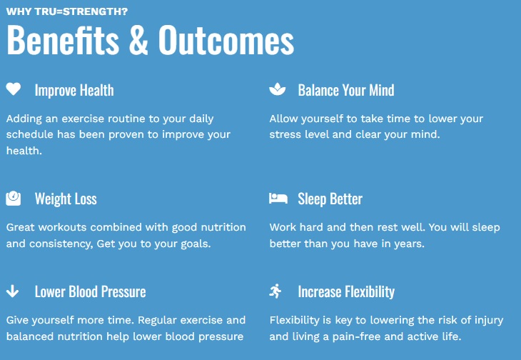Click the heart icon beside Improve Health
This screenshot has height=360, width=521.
pyautogui.click(x=14, y=89)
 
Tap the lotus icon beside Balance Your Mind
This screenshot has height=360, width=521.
pyautogui.click(x=278, y=89)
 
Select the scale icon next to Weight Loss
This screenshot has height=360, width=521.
pyautogui.click(x=14, y=199)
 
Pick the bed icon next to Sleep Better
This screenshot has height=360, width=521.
pyautogui.click(x=278, y=198)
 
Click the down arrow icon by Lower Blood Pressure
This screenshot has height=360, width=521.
pyautogui.click(x=12, y=291)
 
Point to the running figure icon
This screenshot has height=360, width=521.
pyautogui.click(x=275, y=291)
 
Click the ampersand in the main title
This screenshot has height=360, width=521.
pyautogui.click(x=138, y=40)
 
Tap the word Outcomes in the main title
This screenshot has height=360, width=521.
pyautogui.click(x=226, y=40)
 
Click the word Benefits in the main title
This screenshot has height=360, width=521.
pyautogui.click(x=63, y=40)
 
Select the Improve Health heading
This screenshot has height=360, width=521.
pyautogui.click(x=74, y=90)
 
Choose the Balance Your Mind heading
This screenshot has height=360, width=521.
pyautogui.click(x=346, y=90)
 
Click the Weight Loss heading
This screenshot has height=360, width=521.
pyautogui.click(x=66, y=199)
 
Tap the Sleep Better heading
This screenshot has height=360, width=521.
pyautogui.click(x=330, y=199)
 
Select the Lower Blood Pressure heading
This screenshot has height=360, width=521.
pyautogui.click(x=91, y=291)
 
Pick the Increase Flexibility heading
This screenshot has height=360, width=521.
pyautogui.click(x=346, y=291)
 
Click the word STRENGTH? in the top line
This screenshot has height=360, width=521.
pyautogui.click(x=96, y=11)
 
